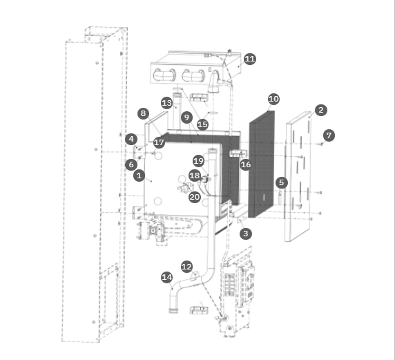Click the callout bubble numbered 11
pyautogui.click(x=250, y=59)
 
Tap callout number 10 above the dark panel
pyautogui.click(x=274, y=99)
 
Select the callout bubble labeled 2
pyautogui.click(x=321, y=110)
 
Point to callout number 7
pyautogui.click(x=329, y=135)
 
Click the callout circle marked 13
pyautogui.click(x=167, y=103)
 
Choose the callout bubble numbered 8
pyautogui.click(x=144, y=113)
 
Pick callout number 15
pyautogui.click(x=202, y=124)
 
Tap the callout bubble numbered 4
pyautogui.click(x=131, y=139)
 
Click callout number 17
pyautogui.click(x=159, y=142)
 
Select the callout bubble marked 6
pyautogui.click(x=131, y=164)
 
